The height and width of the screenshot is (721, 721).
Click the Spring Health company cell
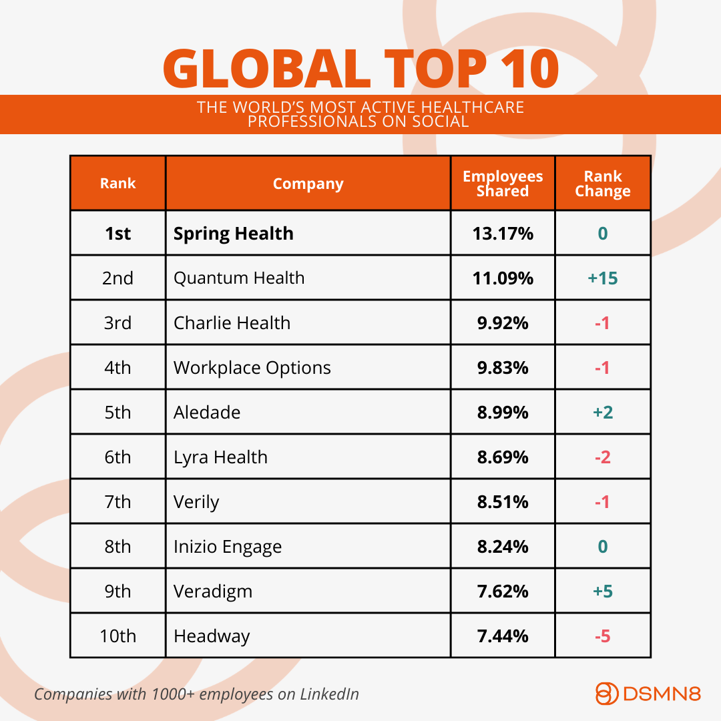[x=234, y=234]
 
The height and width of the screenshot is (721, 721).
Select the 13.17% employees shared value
[x=503, y=234]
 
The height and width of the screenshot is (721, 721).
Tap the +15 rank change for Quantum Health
[x=603, y=278]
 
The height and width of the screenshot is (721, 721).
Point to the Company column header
[x=308, y=184]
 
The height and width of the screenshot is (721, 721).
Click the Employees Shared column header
[x=503, y=184]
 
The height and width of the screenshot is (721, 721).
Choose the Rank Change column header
[x=603, y=184]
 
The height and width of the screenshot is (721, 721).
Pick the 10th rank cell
[x=118, y=636]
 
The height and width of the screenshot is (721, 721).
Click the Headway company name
[x=212, y=636]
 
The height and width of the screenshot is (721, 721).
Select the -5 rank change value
[x=603, y=636]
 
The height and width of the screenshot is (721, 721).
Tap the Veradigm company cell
[x=213, y=591]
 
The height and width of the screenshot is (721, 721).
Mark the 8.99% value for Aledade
[x=503, y=413]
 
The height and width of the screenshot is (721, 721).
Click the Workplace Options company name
[x=252, y=368]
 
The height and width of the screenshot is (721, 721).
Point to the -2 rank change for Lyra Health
[x=603, y=457]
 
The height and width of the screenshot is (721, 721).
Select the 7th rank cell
[x=118, y=502]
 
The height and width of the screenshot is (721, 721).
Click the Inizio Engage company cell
[x=228, y=547]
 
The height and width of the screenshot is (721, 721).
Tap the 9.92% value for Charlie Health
[x=503, y=323]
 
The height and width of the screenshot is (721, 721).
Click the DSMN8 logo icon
[x=607, y=694]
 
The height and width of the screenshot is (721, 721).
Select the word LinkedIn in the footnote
[x=329, y=694]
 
